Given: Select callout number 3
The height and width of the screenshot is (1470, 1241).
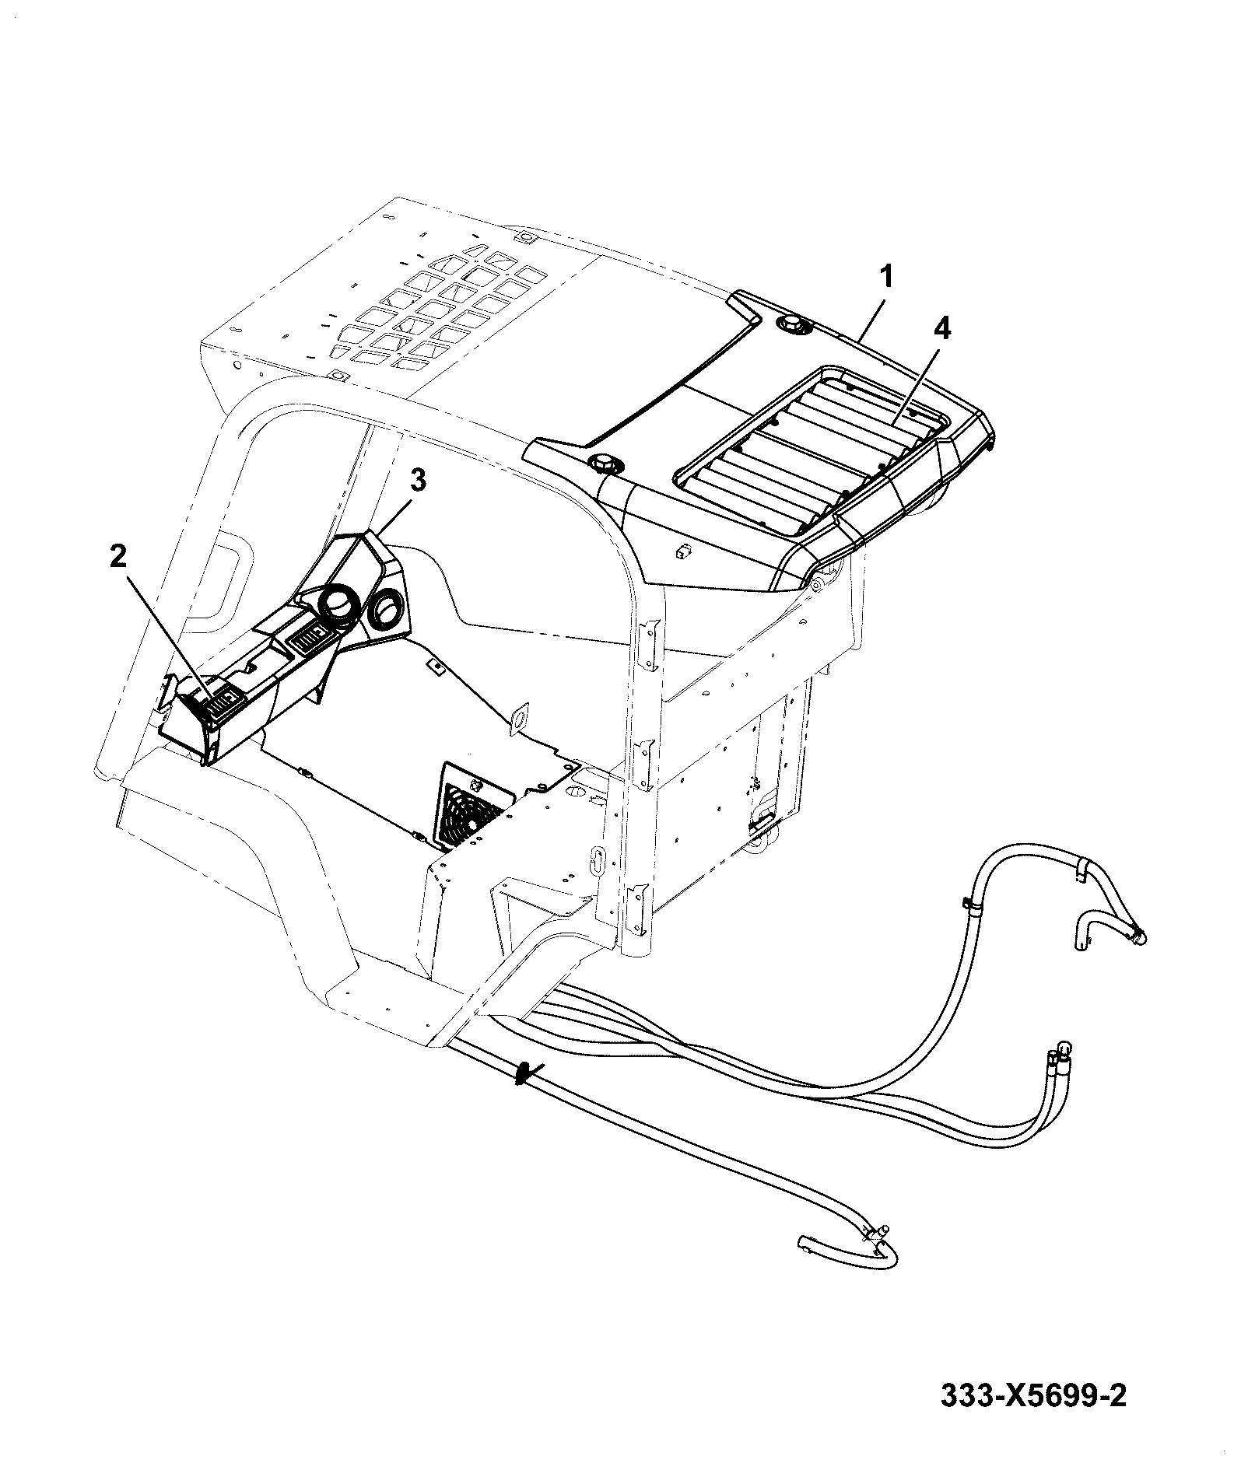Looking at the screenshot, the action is click(418, 481).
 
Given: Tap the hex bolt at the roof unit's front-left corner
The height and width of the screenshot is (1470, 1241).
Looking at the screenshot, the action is click(604, 464).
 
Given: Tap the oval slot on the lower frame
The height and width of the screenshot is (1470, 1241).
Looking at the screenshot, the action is click(598, 861).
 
